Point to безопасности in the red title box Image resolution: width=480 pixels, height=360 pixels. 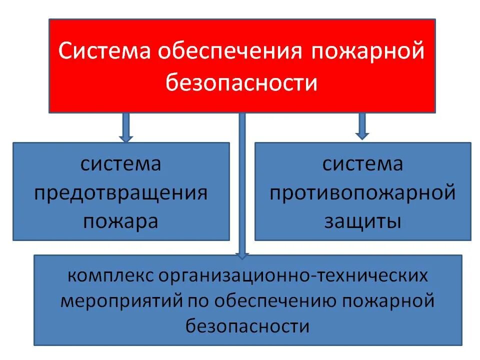point(241,82)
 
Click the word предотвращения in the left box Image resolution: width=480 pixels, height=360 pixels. point(121,193)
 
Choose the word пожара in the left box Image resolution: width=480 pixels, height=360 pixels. point(121,220)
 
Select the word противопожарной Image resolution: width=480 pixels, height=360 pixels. point(362,193)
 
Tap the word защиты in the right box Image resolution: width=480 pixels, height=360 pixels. point(362,220)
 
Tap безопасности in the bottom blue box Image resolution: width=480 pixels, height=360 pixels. point(247,326)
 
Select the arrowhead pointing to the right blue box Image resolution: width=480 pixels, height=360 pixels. point(362,134)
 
